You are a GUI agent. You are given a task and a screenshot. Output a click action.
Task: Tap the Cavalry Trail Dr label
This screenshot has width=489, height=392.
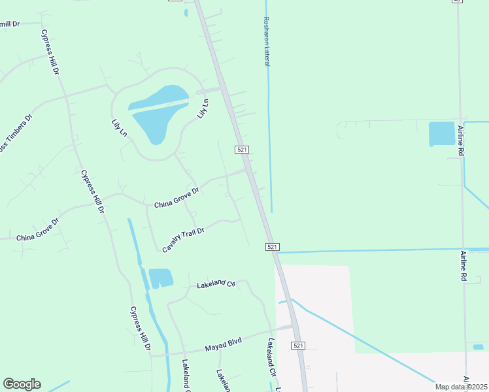pos(184,240)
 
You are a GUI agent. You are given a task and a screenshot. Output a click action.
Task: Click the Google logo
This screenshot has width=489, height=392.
pos(22,384)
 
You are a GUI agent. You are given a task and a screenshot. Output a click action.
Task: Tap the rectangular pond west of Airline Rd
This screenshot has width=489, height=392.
pos(441,134)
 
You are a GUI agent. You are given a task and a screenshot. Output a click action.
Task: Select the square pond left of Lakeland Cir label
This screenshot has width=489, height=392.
pos(161,278)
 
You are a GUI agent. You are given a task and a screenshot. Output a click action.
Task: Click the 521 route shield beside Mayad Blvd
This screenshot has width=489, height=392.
pos(298,345)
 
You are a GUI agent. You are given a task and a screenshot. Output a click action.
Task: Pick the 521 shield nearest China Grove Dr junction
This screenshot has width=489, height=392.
pos(243,150)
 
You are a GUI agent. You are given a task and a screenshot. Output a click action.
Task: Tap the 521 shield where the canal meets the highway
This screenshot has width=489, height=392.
pos(273,247)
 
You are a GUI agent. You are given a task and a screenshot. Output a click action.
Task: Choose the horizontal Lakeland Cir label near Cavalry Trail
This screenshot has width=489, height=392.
pos(216,284)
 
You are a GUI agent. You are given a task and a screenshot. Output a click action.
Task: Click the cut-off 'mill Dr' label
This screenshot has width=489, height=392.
pos(10,24)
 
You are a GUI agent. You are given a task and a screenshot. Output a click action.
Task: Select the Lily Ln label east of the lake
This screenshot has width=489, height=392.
pos(202,108)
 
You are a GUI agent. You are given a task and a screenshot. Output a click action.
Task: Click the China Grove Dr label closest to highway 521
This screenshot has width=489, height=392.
pos(177,200)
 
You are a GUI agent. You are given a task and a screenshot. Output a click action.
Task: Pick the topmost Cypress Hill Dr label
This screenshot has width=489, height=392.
pos(50,52)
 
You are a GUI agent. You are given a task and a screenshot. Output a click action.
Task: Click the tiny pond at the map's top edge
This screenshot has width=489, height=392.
pos(186,12)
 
